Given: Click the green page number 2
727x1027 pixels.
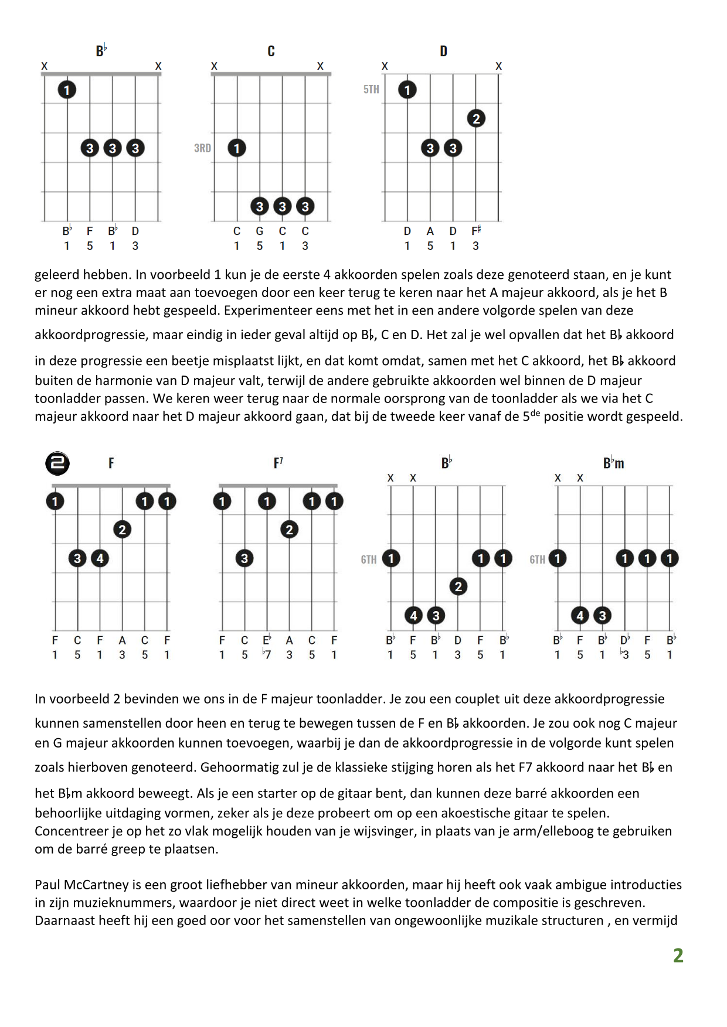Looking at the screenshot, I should (678, 956).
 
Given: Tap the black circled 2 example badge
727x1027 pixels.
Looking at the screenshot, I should (57, 463).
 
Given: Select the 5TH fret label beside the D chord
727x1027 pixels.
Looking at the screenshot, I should (371, 90).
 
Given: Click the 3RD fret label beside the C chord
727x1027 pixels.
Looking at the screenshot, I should (202, 148).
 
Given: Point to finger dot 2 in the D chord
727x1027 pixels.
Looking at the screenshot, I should (476, 119).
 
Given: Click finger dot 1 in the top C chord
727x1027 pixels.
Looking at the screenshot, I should (237, 148).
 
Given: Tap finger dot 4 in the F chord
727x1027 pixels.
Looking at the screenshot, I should (100, 558).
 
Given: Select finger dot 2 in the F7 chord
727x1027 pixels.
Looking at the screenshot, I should (289, 530).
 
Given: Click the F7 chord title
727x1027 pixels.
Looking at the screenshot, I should (278, 463).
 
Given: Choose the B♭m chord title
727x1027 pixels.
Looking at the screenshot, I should (613, 463).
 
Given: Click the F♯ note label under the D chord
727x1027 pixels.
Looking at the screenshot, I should (476, 231).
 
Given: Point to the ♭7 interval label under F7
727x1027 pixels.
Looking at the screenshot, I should (267, 654).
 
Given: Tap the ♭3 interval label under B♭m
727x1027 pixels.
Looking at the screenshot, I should (624, 654).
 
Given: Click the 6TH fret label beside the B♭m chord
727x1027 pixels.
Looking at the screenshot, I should (537, 559).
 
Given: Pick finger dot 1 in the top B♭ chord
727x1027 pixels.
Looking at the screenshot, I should (67, 90).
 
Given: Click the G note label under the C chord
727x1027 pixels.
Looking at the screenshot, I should (260, 231).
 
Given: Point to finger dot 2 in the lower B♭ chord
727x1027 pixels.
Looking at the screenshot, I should (458, 586).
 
